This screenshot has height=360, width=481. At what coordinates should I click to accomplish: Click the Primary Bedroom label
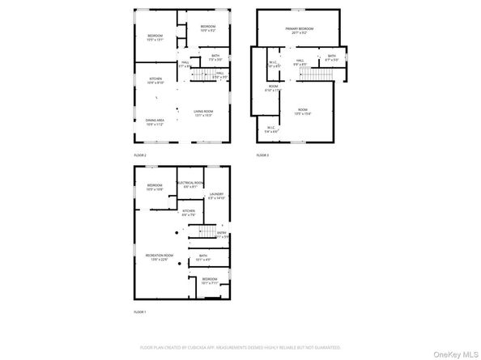pyautogui.click(x=299, y=31)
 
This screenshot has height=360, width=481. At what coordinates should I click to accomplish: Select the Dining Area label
pyautogui.click(x=155, y=122)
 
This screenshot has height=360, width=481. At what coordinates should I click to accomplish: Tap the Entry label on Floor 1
pyautogui.click(x=221, y=235)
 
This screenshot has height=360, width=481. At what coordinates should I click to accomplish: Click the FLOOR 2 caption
pyautogui.click(x=140, y=154)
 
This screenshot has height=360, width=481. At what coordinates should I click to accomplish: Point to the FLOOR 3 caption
pyautogui.click(x=262, y=154)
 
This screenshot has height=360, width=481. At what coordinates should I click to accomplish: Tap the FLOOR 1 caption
pyautogui.click(x=140, y=311)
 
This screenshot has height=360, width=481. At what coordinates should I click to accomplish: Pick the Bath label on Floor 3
pyautogui.click(x=330, y=57)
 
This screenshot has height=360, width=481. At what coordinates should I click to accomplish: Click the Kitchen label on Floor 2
pyautogui.click(x=155, y=81)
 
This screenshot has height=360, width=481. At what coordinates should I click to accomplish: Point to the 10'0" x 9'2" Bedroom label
pyautogui.click(x=207, y=28)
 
